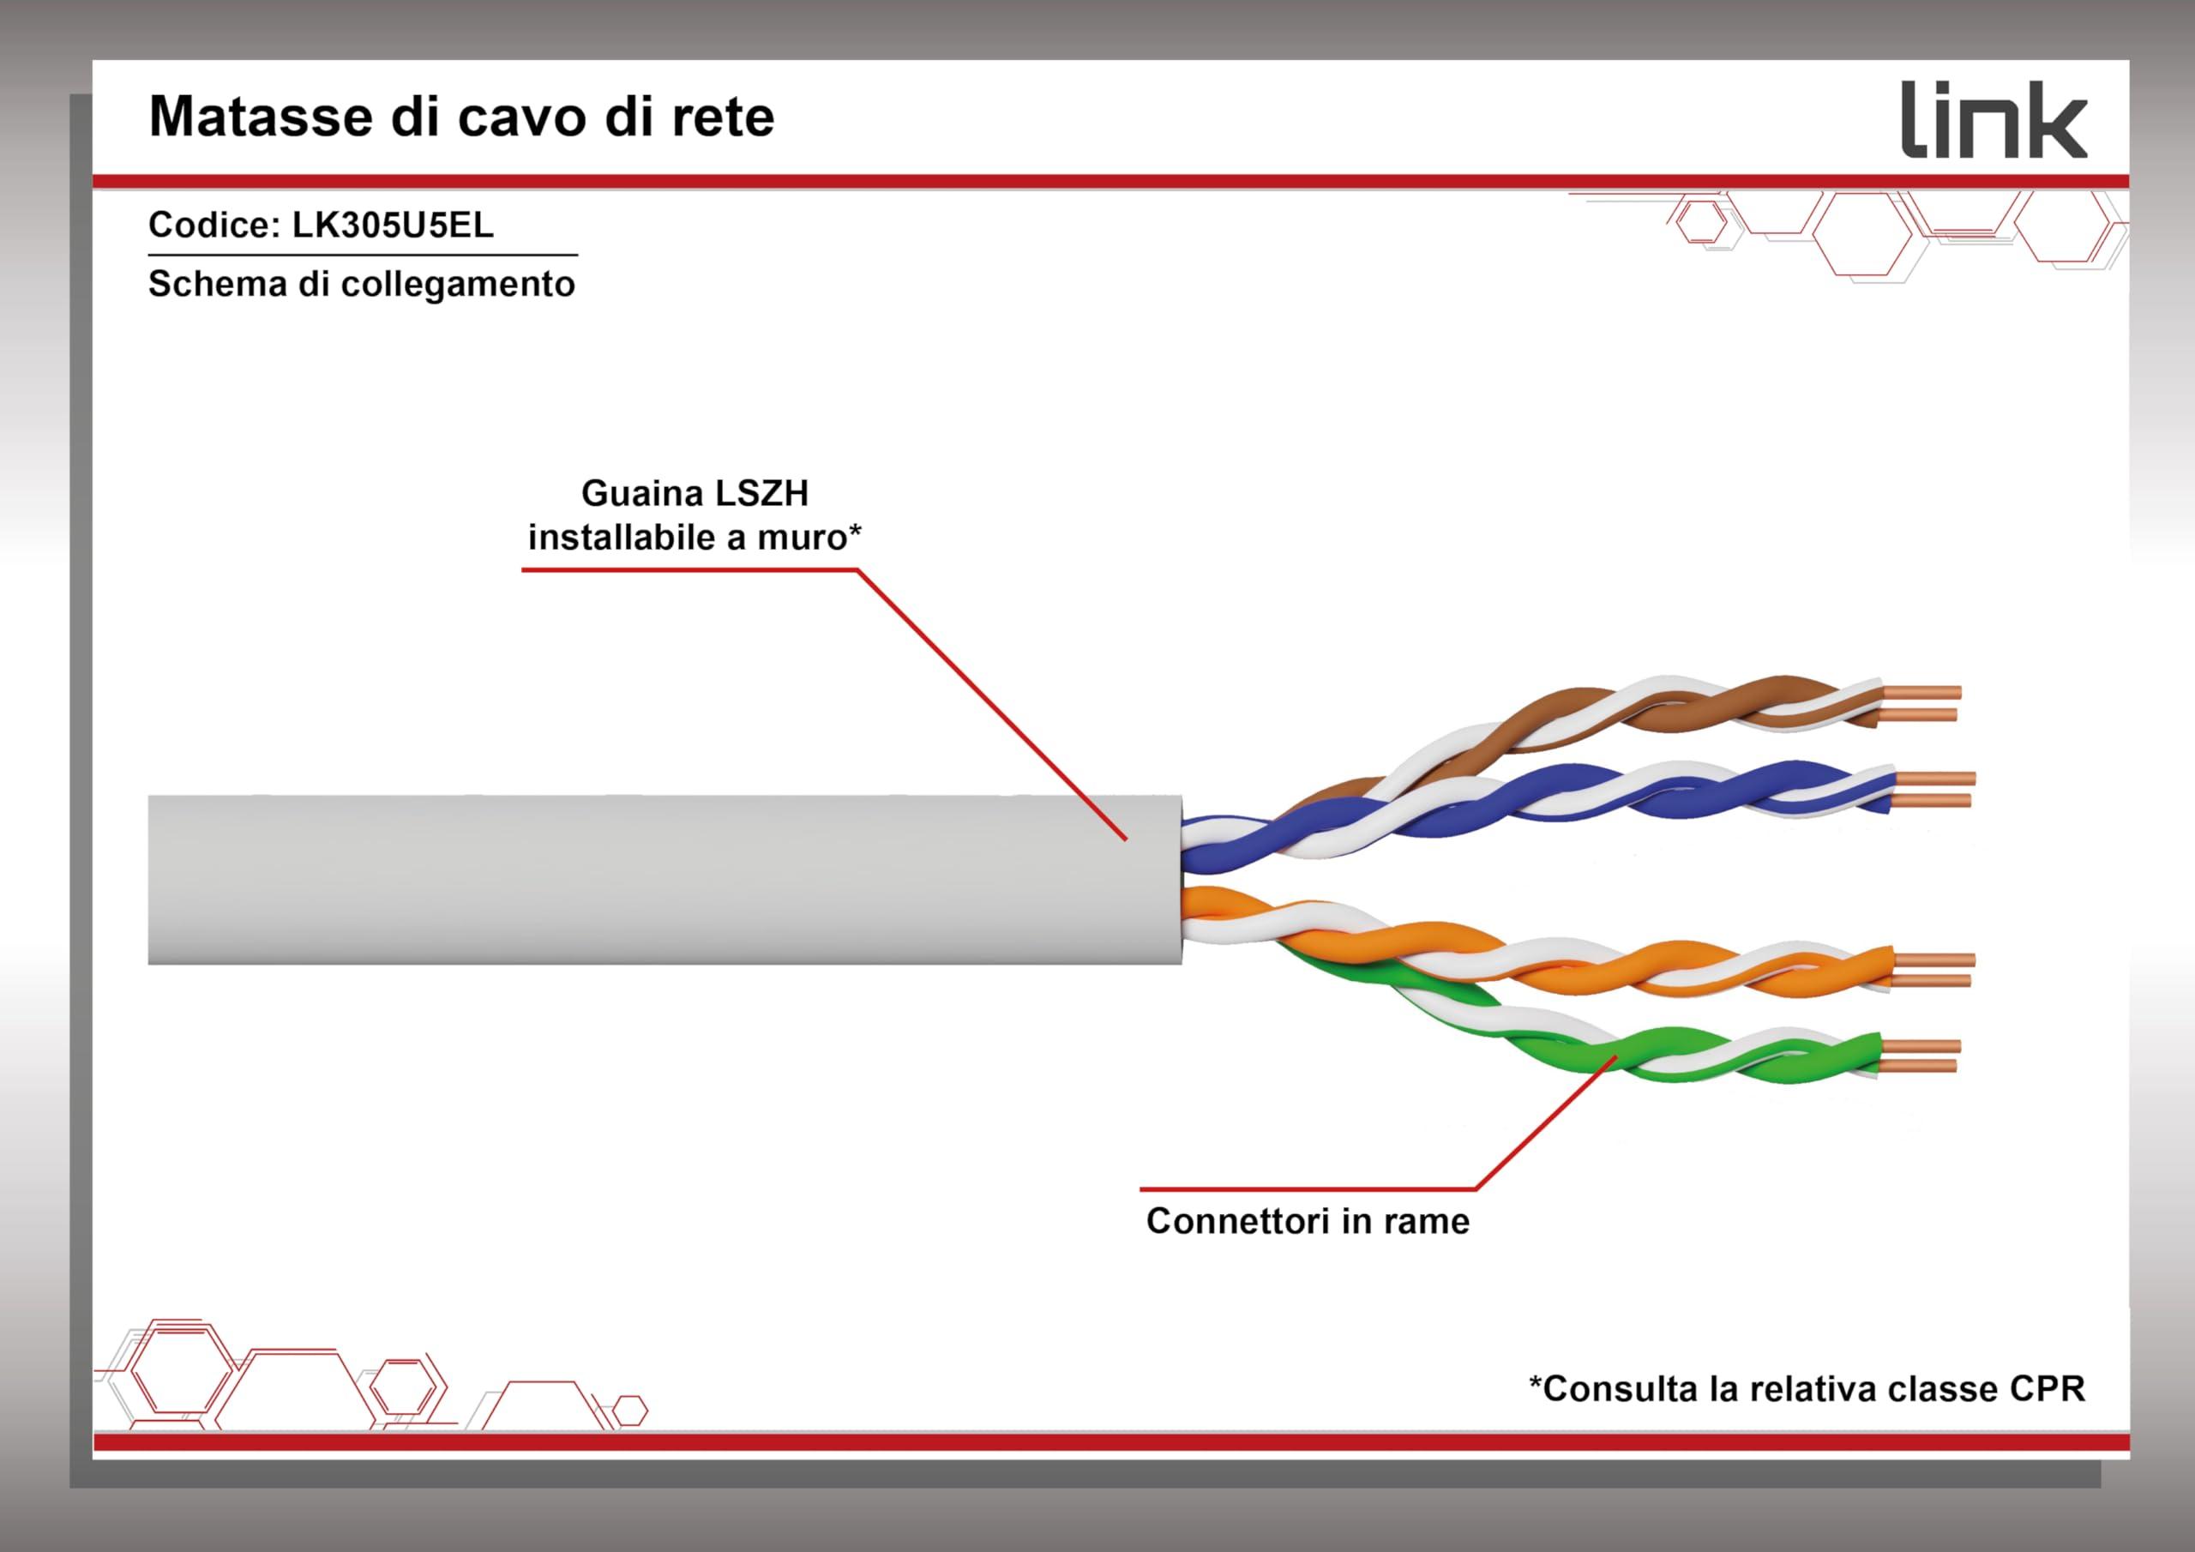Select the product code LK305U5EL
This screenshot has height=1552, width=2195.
point(393,225)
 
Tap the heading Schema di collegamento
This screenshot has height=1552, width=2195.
point(361,285)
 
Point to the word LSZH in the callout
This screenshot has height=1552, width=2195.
point(762,493)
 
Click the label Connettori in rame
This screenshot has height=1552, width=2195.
point(1308,1221)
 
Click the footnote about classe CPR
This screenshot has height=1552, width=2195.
point(1807,1388)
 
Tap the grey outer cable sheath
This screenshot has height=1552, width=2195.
point(665,879)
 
